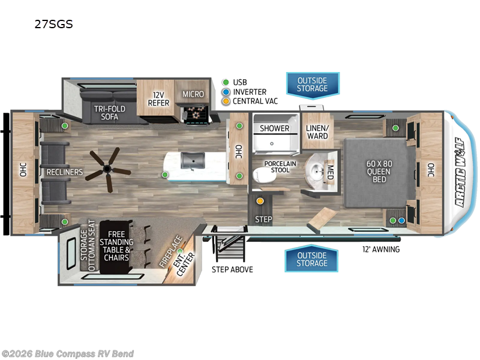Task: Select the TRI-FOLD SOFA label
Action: coord(109,112)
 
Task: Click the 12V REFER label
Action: coord(159,98)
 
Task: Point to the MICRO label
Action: coord(193,94)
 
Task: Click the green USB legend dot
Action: coord(225,82)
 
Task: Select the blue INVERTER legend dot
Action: coord(225,92)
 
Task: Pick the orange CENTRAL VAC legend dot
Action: coord(225,101)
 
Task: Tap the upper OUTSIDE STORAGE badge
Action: coord(312,85)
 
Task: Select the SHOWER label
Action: coord(274,128)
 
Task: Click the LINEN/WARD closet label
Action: coord(317,131)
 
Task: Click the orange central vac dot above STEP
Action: coord(260,201)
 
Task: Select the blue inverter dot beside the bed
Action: coord(401,221)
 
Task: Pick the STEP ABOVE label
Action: coord(232,269)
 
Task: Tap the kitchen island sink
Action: coord(193,160)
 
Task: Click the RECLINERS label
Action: coord(65,172)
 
